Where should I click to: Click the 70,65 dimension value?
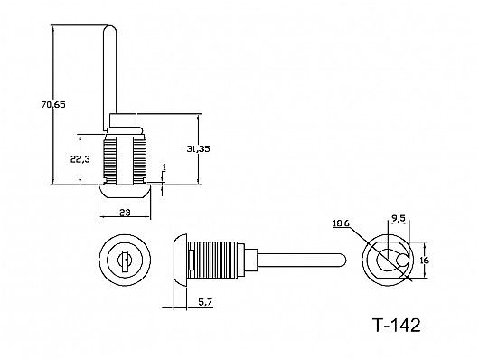(x=53, y=105)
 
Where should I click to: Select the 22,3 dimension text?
(x=80, y=159)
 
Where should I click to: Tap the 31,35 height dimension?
(x=198, y=149)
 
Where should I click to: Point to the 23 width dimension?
(x=125, y=212)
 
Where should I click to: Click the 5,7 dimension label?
(x=205, y=302)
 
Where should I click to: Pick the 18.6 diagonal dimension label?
(x=341, y=223)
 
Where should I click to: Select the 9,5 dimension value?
(x=399, y=218)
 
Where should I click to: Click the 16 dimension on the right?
(x=425, y=261)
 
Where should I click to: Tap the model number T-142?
(x=397, y=325)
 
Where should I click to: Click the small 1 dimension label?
(x=164, y=167)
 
